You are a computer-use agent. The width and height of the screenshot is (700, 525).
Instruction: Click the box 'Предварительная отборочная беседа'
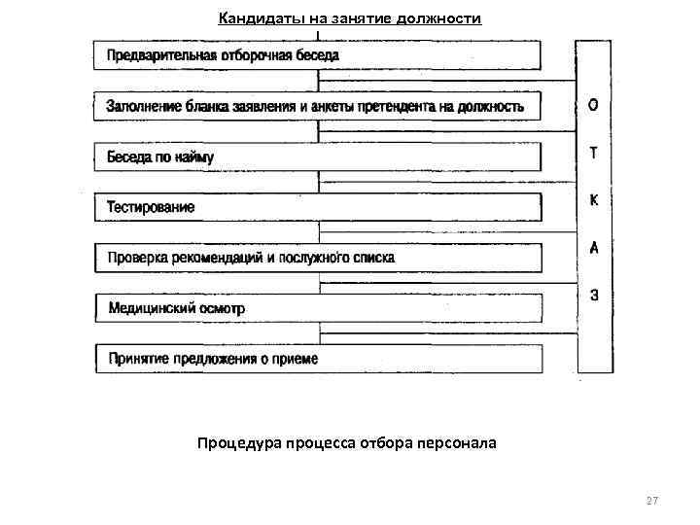[x=317, y=55]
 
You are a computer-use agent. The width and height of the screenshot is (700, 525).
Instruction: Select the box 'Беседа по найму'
[x=317, y=157]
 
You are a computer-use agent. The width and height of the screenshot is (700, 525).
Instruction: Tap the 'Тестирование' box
[x=317, y=207]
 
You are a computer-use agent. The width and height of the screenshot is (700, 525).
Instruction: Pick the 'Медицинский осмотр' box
[x=317, y=308]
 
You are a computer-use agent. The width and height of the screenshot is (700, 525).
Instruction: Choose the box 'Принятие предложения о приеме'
[x=317, y=359]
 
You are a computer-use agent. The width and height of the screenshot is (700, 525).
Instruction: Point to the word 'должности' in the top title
[x=445, y=18]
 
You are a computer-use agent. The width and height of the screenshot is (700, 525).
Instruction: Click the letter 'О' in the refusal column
[x=594, y=105]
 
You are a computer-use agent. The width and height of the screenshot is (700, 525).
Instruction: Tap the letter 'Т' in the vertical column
[x=594, y=153]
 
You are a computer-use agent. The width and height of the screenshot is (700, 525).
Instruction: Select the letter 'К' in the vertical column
[x=594, y=200]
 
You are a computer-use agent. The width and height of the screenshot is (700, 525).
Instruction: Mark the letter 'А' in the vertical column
[x=594, y=248]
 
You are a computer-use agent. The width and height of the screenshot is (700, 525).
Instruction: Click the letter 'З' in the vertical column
[x=594, y=296]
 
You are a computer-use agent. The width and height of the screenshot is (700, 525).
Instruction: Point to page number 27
[x=651, y=501]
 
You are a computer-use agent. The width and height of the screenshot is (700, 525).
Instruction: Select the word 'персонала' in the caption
[x=459, y=443]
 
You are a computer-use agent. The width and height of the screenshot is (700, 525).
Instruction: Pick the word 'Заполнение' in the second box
[x=141, y=106]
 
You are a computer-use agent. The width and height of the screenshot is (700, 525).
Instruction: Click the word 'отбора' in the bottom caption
[x=388, y=443]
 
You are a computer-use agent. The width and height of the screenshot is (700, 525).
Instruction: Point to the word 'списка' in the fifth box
[x=374, y=258]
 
